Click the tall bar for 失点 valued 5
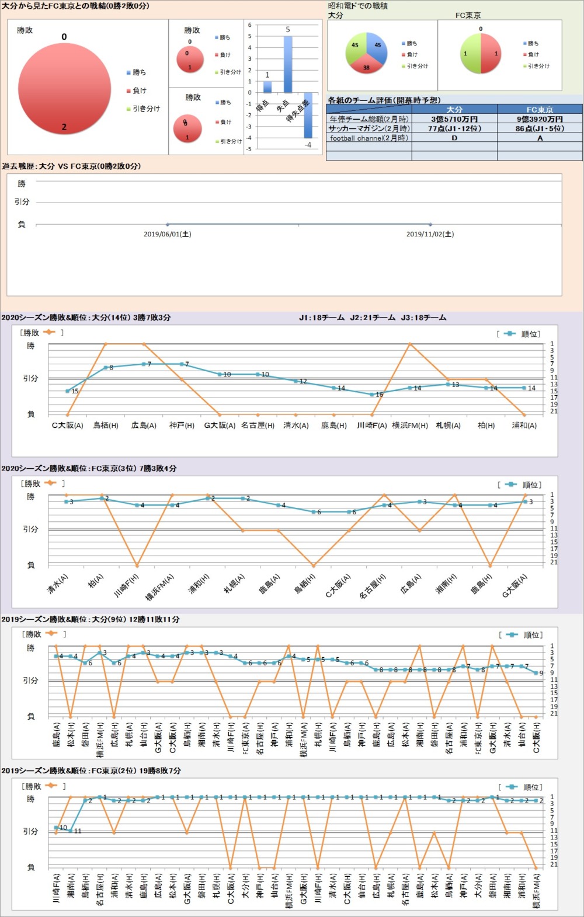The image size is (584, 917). [x=287, y=64]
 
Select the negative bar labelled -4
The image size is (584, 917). [x=308, y=115]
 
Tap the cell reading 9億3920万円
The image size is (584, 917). [x=539, y=119]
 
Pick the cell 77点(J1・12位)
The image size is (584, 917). [x=454, y=128]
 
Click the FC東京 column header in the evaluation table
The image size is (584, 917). [x=539, y=110]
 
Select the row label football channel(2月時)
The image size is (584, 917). [x=369, y=138]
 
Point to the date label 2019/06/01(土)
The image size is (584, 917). [x=168, y=234]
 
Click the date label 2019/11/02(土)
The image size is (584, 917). [x=430, y=234]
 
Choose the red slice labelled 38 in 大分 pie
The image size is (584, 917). [x=366, y=63]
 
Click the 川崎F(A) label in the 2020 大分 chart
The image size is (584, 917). [x=371, y=426]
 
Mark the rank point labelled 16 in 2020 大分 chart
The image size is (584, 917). [x=371, y=395]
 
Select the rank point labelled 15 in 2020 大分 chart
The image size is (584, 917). [x=68, y=391]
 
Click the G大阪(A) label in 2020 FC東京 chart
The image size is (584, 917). [x=515, y=585]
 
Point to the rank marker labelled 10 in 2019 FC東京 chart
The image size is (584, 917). [x=57, y=828]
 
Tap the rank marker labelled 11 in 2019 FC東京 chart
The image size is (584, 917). [x=71, y=831]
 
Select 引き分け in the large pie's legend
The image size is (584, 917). [x=146, y=109]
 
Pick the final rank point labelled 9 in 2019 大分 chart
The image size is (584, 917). [x=536, y=673]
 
